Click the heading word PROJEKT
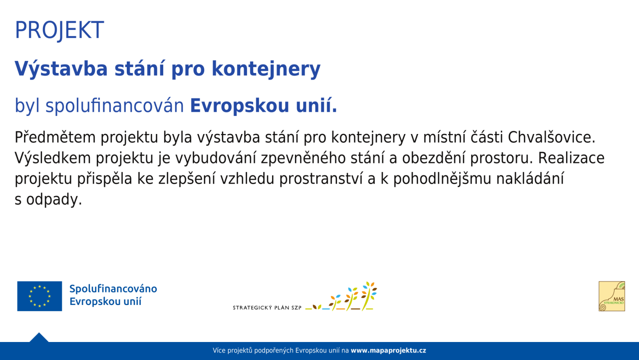tap(59, 30)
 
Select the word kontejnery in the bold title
tap(266, 69)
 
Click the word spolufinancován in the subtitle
tap(115, 105)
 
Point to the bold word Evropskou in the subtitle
tap(240, 105)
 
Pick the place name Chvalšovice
tap(552, 137)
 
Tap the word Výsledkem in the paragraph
tap(53, 158)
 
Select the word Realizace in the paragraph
tap(572, 158)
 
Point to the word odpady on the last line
tap(54, 199)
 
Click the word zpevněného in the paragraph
tap(303, 158)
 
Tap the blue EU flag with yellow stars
tap(39, 296)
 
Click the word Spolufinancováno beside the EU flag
tap(113, 289)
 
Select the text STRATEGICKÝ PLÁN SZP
tap(267, 307)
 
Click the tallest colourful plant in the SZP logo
tap(368, 296)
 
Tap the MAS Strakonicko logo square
tap(612, 296)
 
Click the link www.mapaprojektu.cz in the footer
tap(388, 350)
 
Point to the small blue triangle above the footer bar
tap(39, 337)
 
